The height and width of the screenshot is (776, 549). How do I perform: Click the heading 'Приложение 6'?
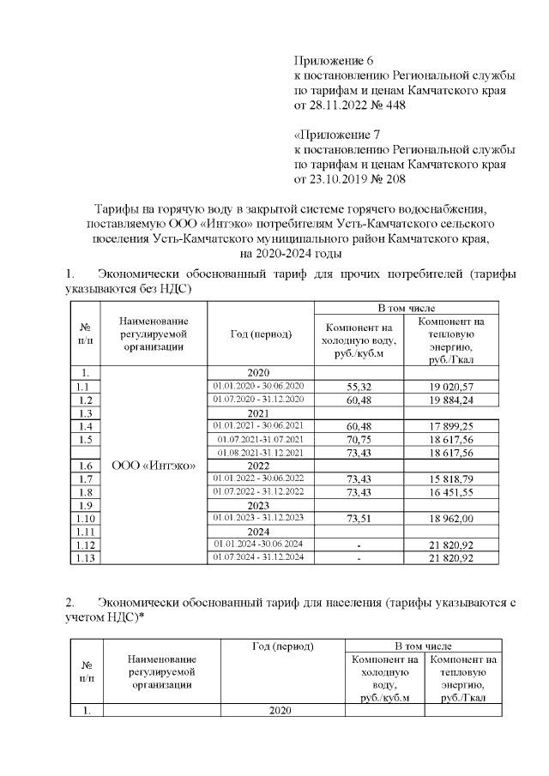pyautogui.click(x=335, y=61)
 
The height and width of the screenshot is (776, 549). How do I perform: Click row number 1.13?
pyautogui.click(x=84, y=557)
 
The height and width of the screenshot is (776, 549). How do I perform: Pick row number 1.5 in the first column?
pyautogui.click(x=84, y=439)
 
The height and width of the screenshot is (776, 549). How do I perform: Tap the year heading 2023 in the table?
pyautogui.click(x=258, y=505)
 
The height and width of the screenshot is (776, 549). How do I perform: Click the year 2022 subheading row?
pyautogui.click(x=258, y=465)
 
